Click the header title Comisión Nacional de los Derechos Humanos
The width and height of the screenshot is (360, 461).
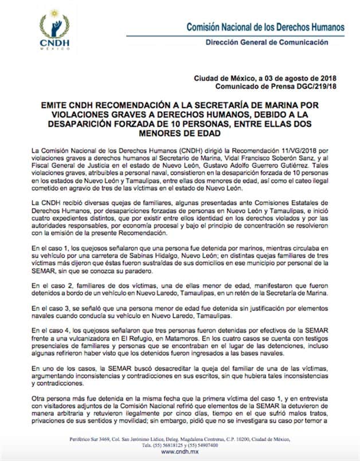pos(265,27)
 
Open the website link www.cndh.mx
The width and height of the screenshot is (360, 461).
pos(180,452)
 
